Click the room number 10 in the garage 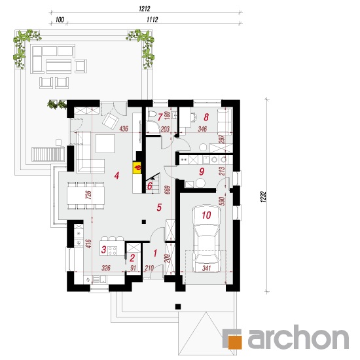coord(206,215)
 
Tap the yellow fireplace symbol coord(137,168)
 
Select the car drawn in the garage coord(206,238)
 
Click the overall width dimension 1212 coord(145,9)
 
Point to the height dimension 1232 coord(264,197)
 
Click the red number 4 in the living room coord(117,175)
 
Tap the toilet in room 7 coord(153,114)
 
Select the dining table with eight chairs coord(86,196)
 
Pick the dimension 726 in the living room coord(88,194)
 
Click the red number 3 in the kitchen coord(103,249)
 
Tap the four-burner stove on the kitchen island coord(113,251)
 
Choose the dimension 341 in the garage coord(206,268)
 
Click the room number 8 coord(206,117)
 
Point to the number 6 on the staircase coord(150,186)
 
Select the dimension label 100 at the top coord(60,20)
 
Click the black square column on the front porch coord(178,306)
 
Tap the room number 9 coord(202,171)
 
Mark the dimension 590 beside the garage coord(222,201)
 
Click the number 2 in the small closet coord(132,258)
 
